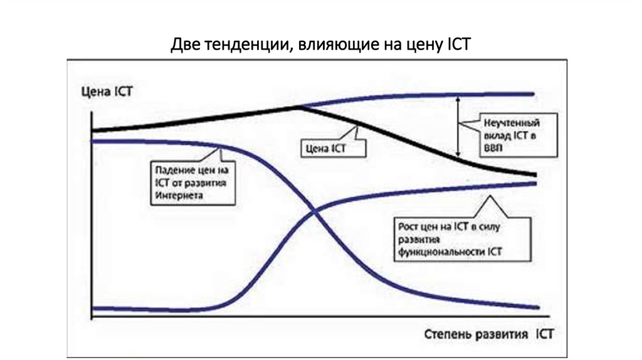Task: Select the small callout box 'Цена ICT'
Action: [325, 149]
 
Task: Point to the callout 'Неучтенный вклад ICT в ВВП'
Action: [510, 137]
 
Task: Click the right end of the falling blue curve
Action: [537, 307]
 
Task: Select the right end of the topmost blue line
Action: [532, 94]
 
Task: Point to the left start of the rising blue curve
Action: [94, 308]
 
